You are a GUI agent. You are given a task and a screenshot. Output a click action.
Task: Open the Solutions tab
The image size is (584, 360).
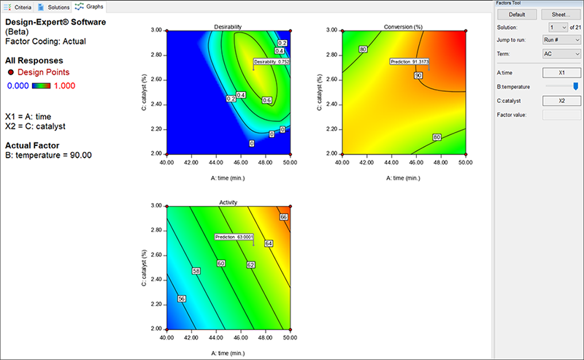tap(55, 6)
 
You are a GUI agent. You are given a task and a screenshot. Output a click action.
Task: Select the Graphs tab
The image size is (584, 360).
tap(91, 6)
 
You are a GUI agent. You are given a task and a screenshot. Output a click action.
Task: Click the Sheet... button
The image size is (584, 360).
tap(561, 14)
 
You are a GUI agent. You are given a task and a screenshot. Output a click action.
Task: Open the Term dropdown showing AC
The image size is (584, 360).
tap(561, 54)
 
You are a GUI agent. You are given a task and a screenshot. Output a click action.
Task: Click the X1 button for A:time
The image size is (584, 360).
tap(561, 73)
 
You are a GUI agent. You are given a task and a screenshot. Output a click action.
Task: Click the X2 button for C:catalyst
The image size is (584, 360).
tap(561, 101)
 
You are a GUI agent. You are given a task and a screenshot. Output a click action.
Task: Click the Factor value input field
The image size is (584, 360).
tap(561, 115)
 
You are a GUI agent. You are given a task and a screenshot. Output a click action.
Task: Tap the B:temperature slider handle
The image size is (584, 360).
tap(576, 87)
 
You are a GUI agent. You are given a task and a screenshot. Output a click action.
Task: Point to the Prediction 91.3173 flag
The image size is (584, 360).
tap(410, 62)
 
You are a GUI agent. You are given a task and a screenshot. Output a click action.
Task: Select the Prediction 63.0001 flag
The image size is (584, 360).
tap(234, 237)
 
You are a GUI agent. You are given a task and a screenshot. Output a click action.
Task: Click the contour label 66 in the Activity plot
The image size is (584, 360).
tap(284, 217)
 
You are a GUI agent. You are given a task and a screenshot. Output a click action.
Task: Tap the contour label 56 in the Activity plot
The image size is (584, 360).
tap(181, 298)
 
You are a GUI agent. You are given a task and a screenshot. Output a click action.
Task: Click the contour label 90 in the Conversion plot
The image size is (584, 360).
tap(418, 75)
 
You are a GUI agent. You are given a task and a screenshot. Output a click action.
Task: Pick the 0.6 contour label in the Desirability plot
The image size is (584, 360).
tap(266, 101)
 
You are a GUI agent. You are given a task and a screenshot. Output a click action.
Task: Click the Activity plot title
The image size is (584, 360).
tap(228, 202)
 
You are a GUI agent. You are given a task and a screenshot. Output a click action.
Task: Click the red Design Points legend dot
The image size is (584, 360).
tap(10, 72)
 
